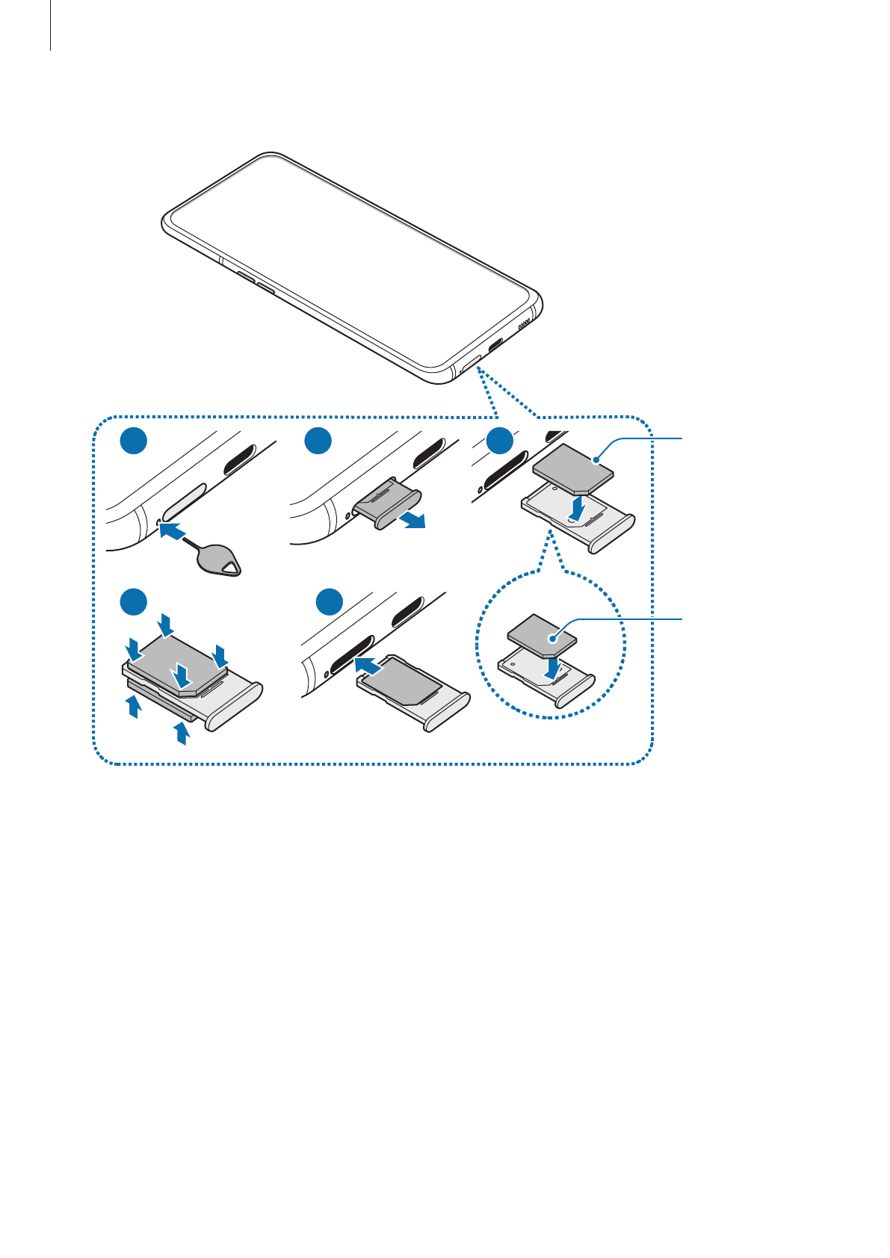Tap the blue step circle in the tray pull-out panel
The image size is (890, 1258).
[x=318, y=442]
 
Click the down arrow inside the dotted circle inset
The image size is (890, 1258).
[x=551, y=667]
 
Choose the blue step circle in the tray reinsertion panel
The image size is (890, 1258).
[x=328, y=602]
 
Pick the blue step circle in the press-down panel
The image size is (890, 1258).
[x=135, y=602]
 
